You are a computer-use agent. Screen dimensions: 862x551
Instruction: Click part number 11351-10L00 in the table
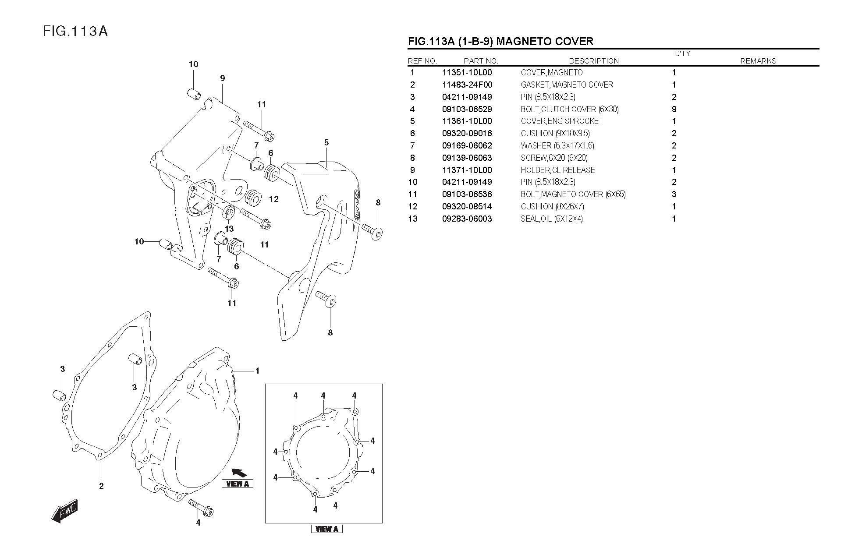(467, 73)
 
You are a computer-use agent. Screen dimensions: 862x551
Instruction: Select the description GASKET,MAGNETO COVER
(567, 85)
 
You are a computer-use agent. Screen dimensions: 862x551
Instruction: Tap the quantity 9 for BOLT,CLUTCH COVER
(674, 109)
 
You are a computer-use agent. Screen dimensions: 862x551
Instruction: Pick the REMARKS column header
(758, 61)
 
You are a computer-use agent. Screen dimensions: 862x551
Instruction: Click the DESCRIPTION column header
(594, 61)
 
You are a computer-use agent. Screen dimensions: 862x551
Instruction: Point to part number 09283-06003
(467, 219)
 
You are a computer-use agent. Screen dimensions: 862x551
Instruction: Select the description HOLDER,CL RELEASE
(558, 170)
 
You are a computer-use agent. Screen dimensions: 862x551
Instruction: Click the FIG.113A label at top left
(75, 31)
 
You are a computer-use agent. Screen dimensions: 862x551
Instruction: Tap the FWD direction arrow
(64, 511)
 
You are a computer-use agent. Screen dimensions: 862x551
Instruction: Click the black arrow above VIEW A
(239, 473)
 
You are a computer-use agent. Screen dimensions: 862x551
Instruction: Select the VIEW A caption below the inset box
(326, 529)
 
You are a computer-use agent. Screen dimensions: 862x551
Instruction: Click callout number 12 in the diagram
(274, 199)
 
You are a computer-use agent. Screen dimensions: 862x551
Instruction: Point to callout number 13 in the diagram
(229, 229)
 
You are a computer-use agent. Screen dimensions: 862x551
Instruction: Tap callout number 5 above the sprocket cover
(326, 143)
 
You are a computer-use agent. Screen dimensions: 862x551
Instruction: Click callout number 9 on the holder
(223, 78)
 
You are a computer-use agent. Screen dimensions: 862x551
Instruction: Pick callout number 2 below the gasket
(101, 486)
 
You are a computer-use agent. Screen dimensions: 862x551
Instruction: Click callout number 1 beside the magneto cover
(258, 371)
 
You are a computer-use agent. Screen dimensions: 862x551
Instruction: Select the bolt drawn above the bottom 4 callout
(201, 508)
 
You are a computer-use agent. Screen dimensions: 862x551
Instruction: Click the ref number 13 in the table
(413, 219)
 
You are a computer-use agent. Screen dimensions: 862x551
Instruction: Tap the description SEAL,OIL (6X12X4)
(552, 219)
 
